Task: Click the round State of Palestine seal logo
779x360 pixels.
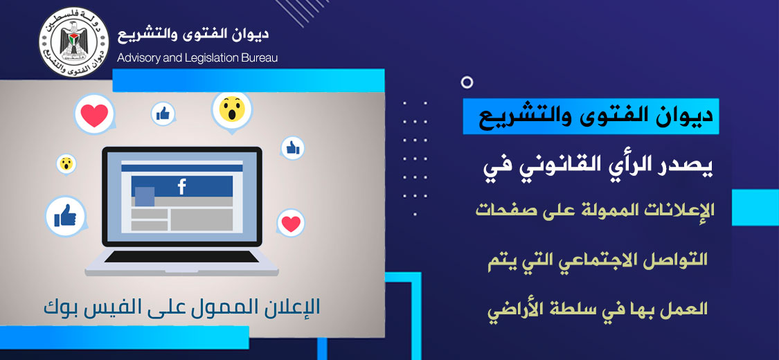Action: pyautogui.click(x=73, y=42)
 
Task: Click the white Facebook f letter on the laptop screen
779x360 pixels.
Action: pyautogui.click(x=182, y=187)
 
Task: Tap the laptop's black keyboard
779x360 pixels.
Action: pyautogui.click(x=182, y=257)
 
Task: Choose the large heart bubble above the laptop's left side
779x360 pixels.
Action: pyautogui.click(x=94, y=115)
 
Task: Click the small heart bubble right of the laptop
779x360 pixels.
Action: pyautogui.click(x=291, y=224)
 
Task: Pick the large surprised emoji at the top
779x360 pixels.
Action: pyautogui.click(x=231, y=110)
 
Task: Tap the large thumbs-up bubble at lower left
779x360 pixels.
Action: pyautogui.click(x=66, y=217)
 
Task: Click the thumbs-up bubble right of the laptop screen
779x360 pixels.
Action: pyautogui.click(x=293, y=148)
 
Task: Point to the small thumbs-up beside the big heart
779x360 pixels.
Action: pyautogui.click(x=163, y=114)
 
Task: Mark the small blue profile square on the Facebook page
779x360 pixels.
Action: pyautogui.click(x=145, y=196)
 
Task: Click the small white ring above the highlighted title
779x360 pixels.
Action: pyautogui.click(x=467, y=82)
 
